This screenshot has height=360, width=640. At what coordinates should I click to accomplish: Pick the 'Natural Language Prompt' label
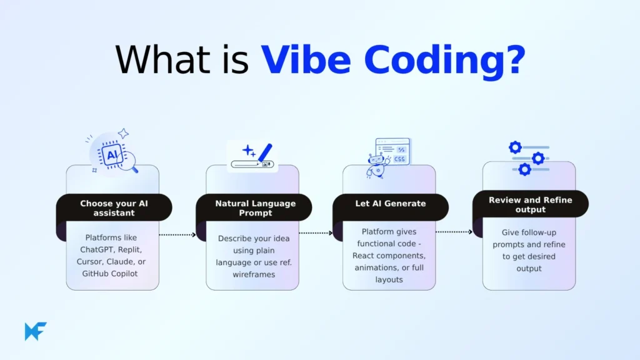pyautogui.click(x=255, y=207)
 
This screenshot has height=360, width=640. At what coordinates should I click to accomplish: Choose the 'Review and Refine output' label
pyautogui.click(x=530, y=204)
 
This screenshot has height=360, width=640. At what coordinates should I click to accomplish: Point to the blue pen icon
pyautogui.click(x=265, y=152)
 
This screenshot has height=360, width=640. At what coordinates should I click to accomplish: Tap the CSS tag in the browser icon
pyautogui.click(x=399, y=159)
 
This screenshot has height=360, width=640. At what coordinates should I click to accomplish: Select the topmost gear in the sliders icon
pyautogui.click(x=515, y=147)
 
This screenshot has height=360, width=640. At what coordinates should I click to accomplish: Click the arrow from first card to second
pyautogui.click(x=177, y=235)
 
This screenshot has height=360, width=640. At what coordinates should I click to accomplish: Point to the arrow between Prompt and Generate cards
pyautogui.click(x=316, y=233)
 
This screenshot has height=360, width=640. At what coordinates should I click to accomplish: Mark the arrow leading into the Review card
pyautogui.click(x=454, y=231)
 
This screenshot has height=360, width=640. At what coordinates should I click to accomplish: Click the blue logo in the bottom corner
pyautogui.click(x=36, y=331)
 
